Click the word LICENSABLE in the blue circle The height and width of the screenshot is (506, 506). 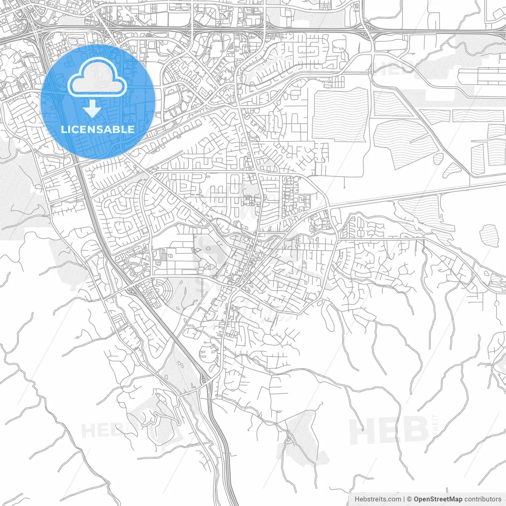[98, 129]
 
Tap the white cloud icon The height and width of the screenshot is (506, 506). [97, 79]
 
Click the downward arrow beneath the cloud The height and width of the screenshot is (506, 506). [93, 108]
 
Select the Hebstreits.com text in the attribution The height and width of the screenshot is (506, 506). [378, 499]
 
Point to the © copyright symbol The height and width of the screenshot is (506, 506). [410, 499]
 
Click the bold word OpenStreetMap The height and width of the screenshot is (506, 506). [438, 499]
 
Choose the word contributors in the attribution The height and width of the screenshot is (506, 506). [483, 499]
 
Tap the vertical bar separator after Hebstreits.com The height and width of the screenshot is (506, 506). [404, 499]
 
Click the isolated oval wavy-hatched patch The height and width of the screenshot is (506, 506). [489, 236]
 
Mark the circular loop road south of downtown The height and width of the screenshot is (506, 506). [209, 353]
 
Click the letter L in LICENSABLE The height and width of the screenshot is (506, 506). [63, 129]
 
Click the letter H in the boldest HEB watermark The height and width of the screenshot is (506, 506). [362, 431]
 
